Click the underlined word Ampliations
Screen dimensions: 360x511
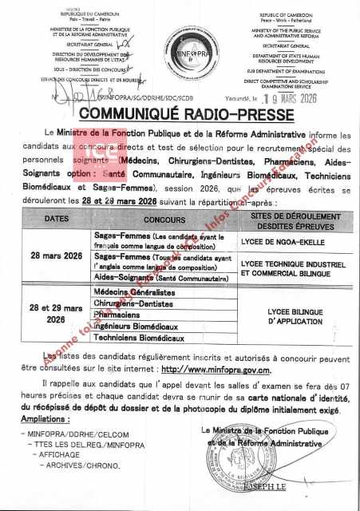tap(46, 418)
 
